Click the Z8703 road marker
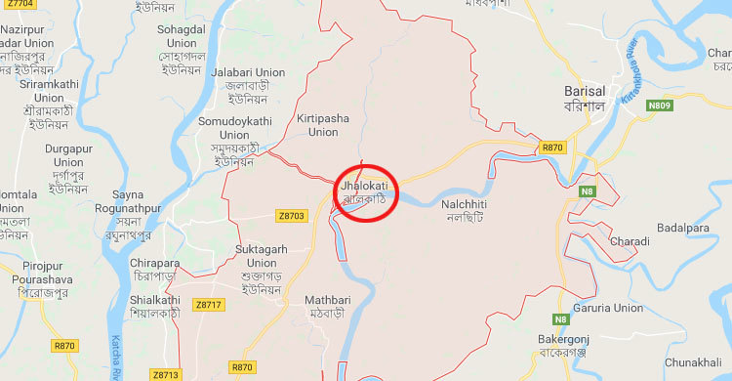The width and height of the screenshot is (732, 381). [x=291, y=216]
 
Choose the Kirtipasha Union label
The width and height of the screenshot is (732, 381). [x=323, y=125]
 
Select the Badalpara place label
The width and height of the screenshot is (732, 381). [x=683, y=228]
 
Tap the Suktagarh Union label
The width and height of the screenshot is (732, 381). [x=256, y=256]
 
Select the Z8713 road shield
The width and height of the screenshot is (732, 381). [x=166, y=374]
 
